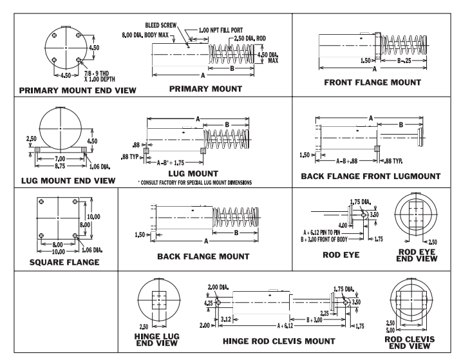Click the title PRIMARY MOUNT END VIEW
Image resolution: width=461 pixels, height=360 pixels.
[68, 90]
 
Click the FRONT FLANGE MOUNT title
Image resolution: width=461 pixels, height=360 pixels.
[374, 82]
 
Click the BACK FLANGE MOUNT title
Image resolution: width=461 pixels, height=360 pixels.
[203, 256]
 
